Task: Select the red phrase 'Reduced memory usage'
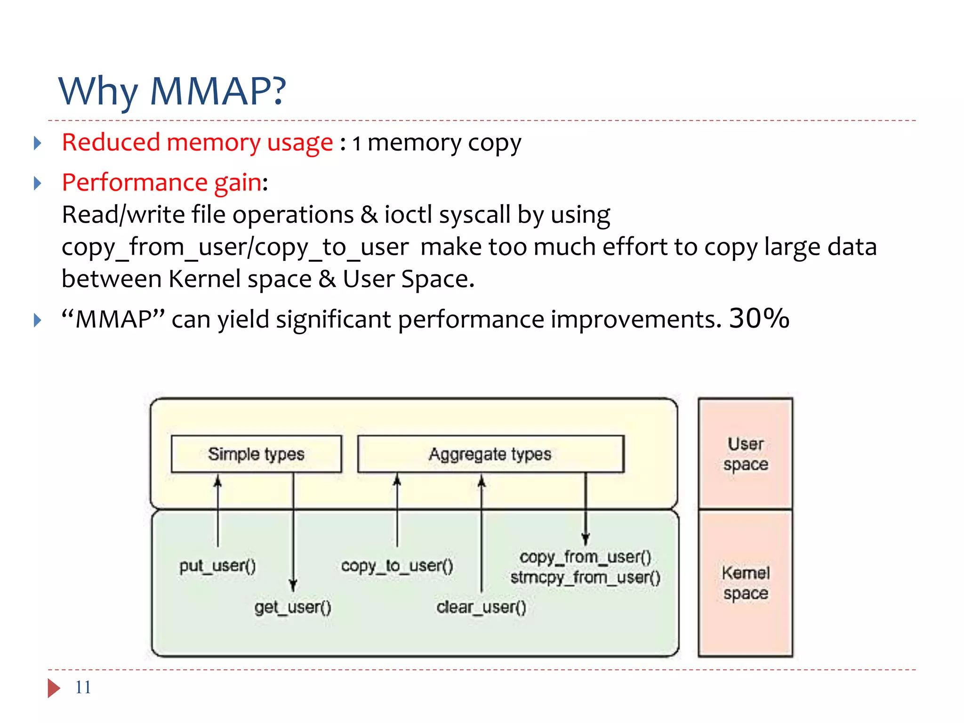click(x=198, y=143)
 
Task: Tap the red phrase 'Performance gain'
click(x=162, y=183)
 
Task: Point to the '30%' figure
click(x=759, y=318)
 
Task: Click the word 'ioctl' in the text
click(x=408, y=215)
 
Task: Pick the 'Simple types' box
click(x=257, y=454)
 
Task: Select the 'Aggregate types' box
click(x=491, y=454)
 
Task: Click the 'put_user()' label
click(x=217, y=565)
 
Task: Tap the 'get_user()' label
click(x=293, y=607)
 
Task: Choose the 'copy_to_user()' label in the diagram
click(x=397, y=565)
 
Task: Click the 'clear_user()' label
click(x=481, y=607)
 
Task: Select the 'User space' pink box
click(x=746, y=454)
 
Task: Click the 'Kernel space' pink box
click(x=746, y=583)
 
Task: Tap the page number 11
click(x=83, y=687)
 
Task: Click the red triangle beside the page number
click(x=54, y=688)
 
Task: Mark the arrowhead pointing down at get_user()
click(x=293, y=586)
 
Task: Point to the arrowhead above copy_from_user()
click(x=586, y=539)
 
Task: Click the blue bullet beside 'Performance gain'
click(x=38, y=183)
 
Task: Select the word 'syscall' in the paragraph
click(x=474, y=216)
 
